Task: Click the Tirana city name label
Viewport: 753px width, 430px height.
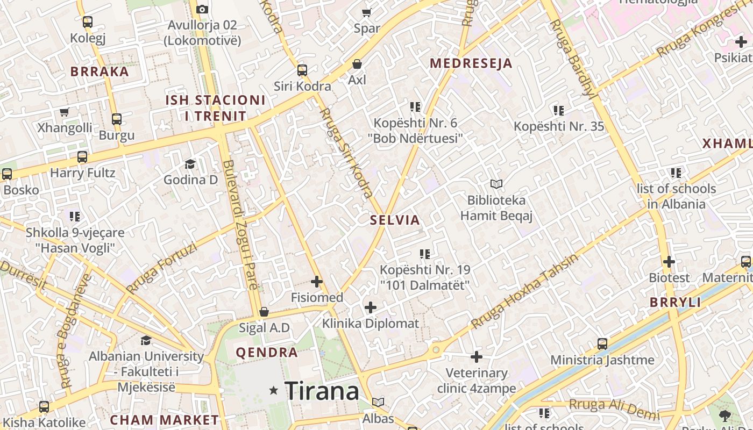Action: pos(322,391)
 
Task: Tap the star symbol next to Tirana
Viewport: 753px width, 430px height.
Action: pos(274,390)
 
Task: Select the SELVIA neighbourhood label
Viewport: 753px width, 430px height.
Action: pos(395,220)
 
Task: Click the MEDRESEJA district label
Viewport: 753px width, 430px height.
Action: pos(471,63)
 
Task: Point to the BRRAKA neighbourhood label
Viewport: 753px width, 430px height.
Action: pos(100,71)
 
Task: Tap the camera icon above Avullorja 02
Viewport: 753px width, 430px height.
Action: pos(202,9)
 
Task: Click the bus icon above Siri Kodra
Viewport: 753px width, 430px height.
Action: pos(302,70)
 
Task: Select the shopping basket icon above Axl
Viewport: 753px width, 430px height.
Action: pos(357,64)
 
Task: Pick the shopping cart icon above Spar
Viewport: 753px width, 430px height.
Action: pos(367,12)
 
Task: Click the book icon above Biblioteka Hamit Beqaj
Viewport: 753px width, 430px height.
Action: pos(496,184)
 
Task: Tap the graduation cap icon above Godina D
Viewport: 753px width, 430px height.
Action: pos(190,164)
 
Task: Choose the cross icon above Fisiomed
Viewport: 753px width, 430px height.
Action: pos(317,282)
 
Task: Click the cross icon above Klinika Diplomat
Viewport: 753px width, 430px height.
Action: pos(370,307)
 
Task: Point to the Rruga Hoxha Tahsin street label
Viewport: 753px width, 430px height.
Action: pos(524,291)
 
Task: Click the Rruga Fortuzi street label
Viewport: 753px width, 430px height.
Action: pos(161,268)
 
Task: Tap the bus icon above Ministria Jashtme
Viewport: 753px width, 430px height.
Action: pos(602,344)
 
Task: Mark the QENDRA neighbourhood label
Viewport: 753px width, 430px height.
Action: pos(267,353)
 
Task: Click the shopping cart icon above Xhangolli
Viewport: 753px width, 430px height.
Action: pos(65,112)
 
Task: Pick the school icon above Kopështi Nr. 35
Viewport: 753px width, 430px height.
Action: pos(559,111)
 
